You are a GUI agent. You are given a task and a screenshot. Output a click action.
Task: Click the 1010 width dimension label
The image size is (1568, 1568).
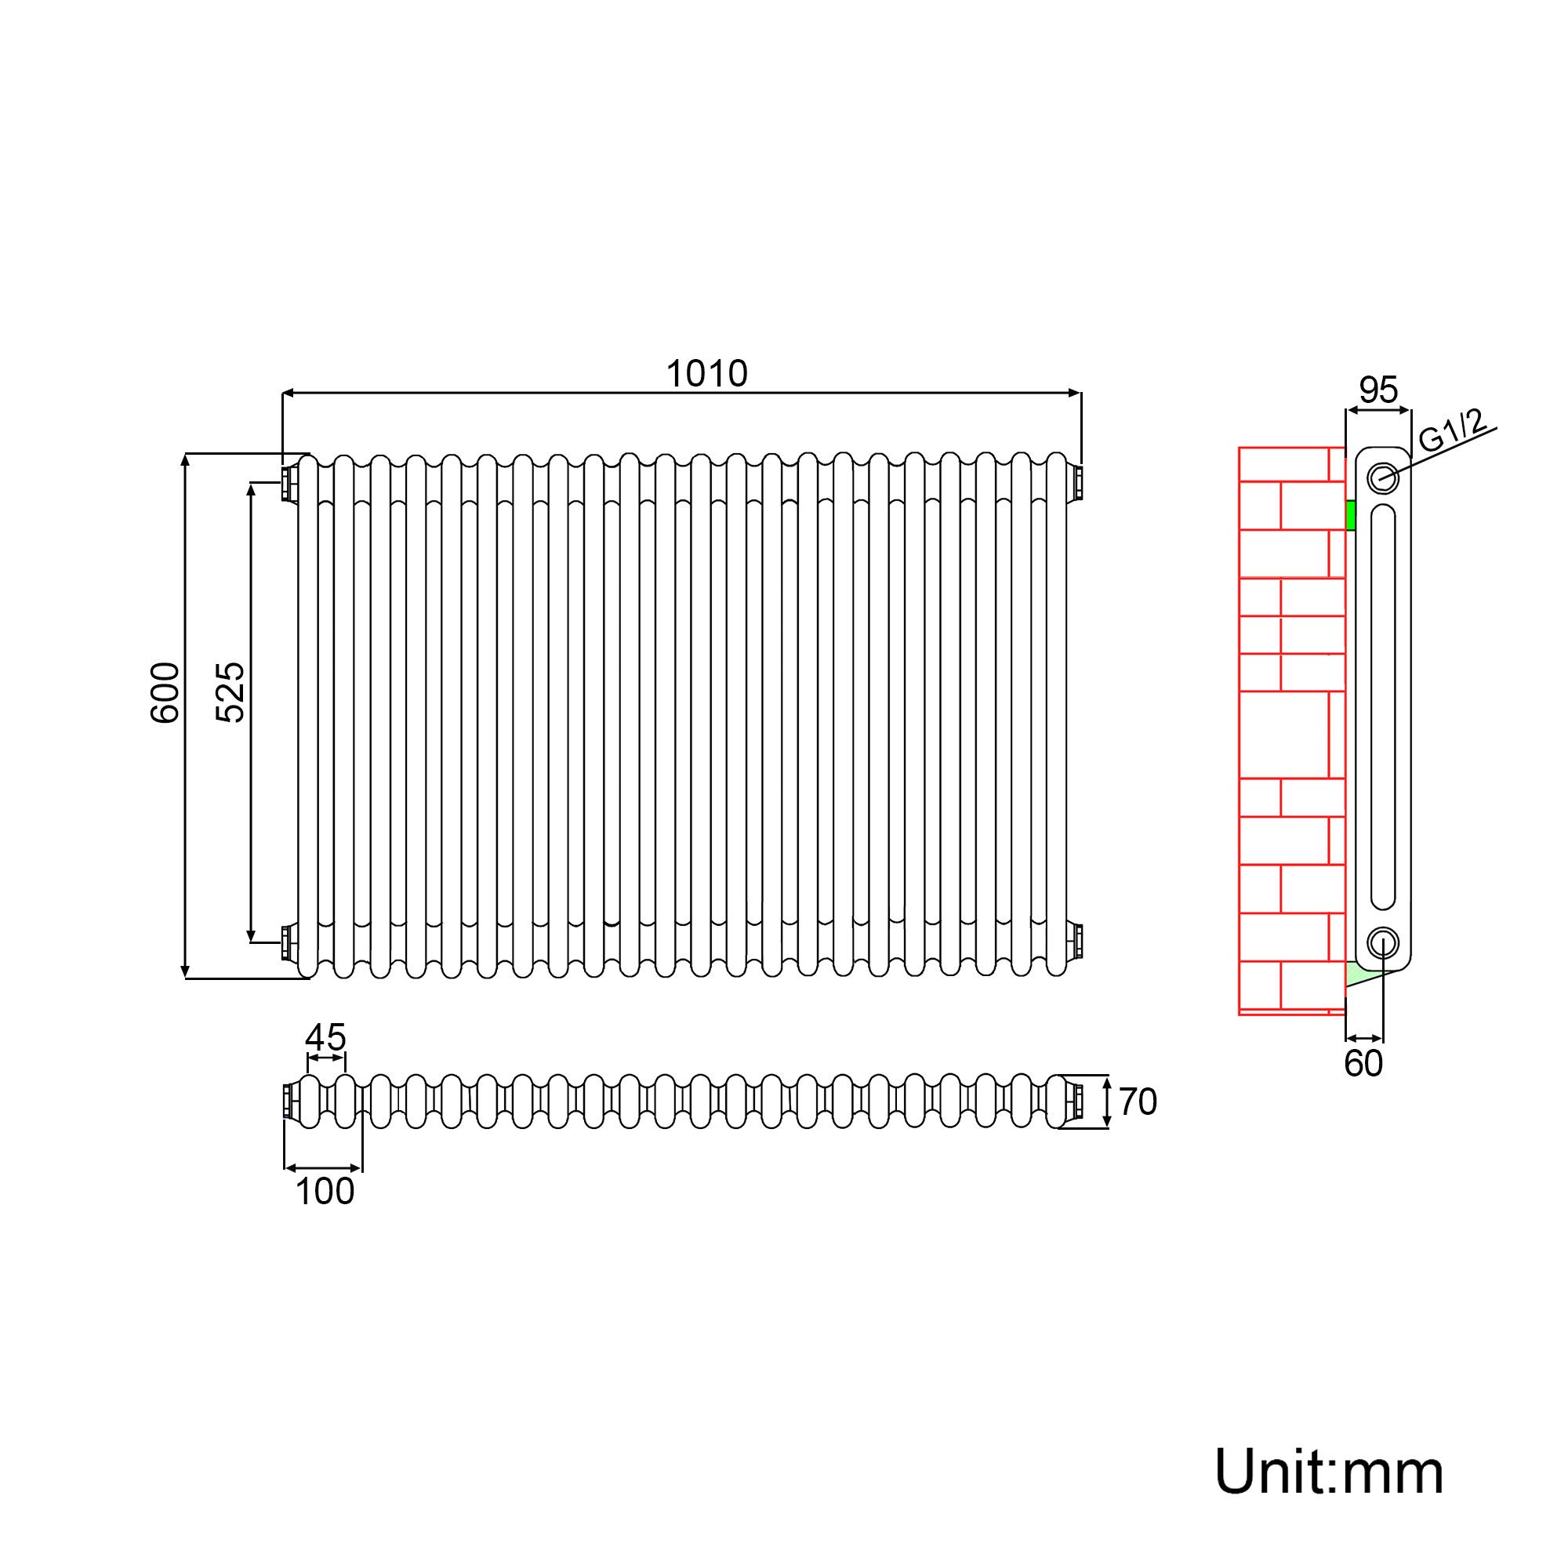tap(706, 374)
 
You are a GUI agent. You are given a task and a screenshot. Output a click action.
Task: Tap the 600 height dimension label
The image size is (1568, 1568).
tap(165, 692)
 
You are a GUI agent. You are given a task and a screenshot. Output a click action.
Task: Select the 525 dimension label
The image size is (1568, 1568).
tap(230, 692)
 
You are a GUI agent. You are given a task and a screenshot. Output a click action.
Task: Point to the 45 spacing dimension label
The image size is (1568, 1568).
tap(325, 1037)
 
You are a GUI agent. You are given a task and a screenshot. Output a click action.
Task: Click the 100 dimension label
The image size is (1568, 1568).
tap(325, 1192)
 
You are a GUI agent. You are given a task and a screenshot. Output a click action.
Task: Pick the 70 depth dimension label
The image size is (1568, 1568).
tap(1137, 1102)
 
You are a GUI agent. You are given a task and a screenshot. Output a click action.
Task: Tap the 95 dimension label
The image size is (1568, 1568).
tap(1378, 390)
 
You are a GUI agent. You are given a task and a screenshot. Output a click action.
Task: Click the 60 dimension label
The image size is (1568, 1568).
tap(1363, 1063)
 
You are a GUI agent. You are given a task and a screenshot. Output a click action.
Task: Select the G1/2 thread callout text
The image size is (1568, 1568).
tap(1452, 430)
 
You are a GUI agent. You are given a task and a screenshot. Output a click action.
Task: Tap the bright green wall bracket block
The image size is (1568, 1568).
tap(1351, 515)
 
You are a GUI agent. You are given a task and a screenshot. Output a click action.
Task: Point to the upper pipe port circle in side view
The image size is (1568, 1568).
tap(1383, 478)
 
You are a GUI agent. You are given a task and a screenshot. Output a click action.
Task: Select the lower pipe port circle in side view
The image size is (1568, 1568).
tap(1383, 943)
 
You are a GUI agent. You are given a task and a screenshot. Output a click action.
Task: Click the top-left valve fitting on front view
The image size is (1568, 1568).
tap(288, 483)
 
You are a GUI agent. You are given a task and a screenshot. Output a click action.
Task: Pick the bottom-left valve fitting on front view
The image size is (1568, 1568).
tap(288, 942)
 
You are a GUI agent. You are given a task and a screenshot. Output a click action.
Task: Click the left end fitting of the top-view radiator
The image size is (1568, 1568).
tap(288, 1102)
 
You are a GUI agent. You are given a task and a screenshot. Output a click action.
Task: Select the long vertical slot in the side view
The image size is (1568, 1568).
tap(1383, 706)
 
